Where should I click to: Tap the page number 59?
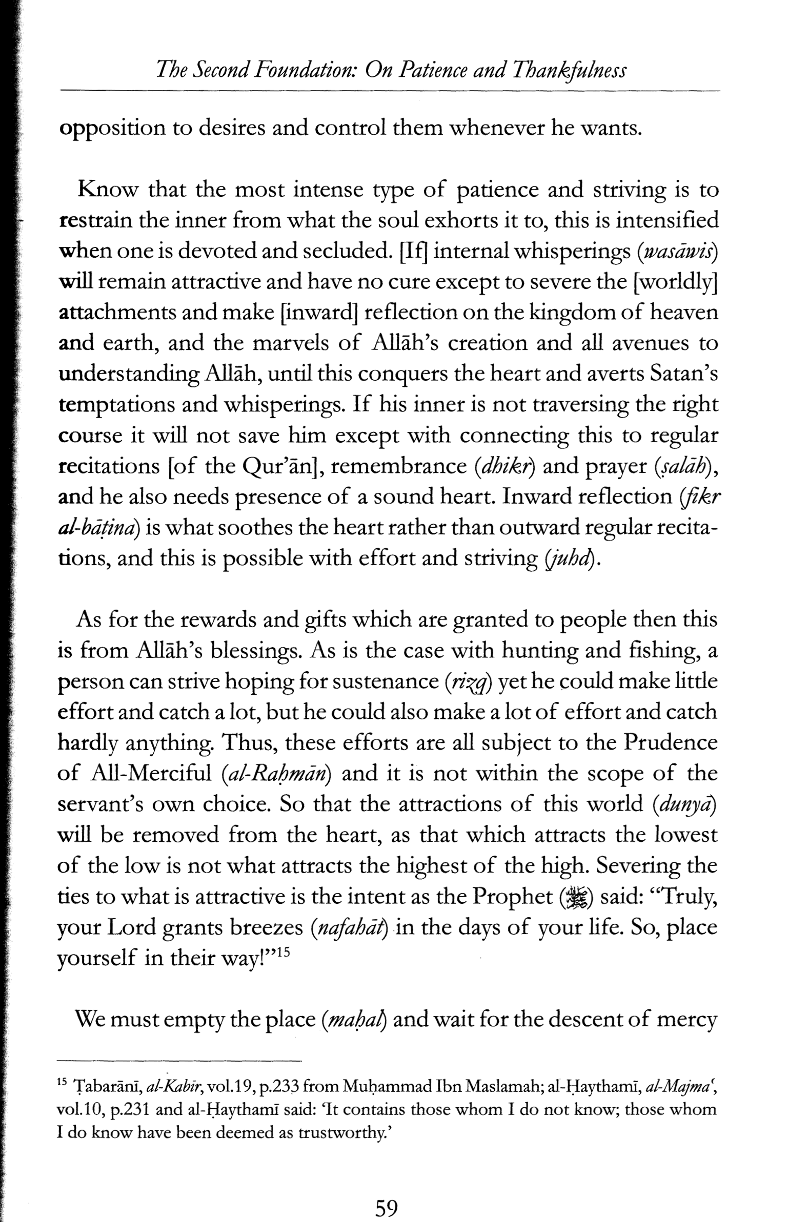(387, 1193)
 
